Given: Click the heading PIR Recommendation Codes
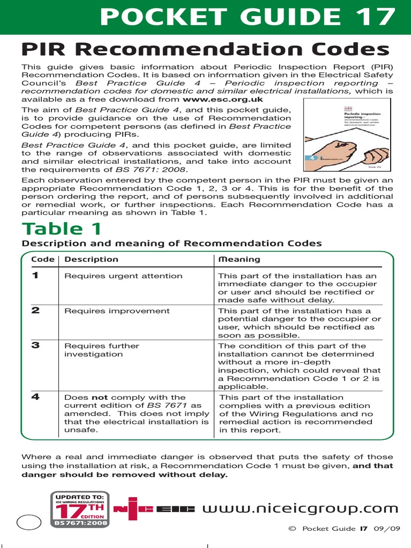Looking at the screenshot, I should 205,50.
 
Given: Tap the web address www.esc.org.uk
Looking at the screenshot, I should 223,99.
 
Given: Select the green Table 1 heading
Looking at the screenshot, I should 62,229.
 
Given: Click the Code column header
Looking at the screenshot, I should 43,260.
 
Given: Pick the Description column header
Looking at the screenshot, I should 91,260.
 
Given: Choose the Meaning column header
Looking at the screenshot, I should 239,260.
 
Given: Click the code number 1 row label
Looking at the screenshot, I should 35,276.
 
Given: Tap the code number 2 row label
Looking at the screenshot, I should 35,310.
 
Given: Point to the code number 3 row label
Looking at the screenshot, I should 35,345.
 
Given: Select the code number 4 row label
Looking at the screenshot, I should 35,397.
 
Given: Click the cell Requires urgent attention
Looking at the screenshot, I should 123,276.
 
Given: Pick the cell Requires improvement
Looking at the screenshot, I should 117,311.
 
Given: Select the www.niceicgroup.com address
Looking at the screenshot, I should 300,508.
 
